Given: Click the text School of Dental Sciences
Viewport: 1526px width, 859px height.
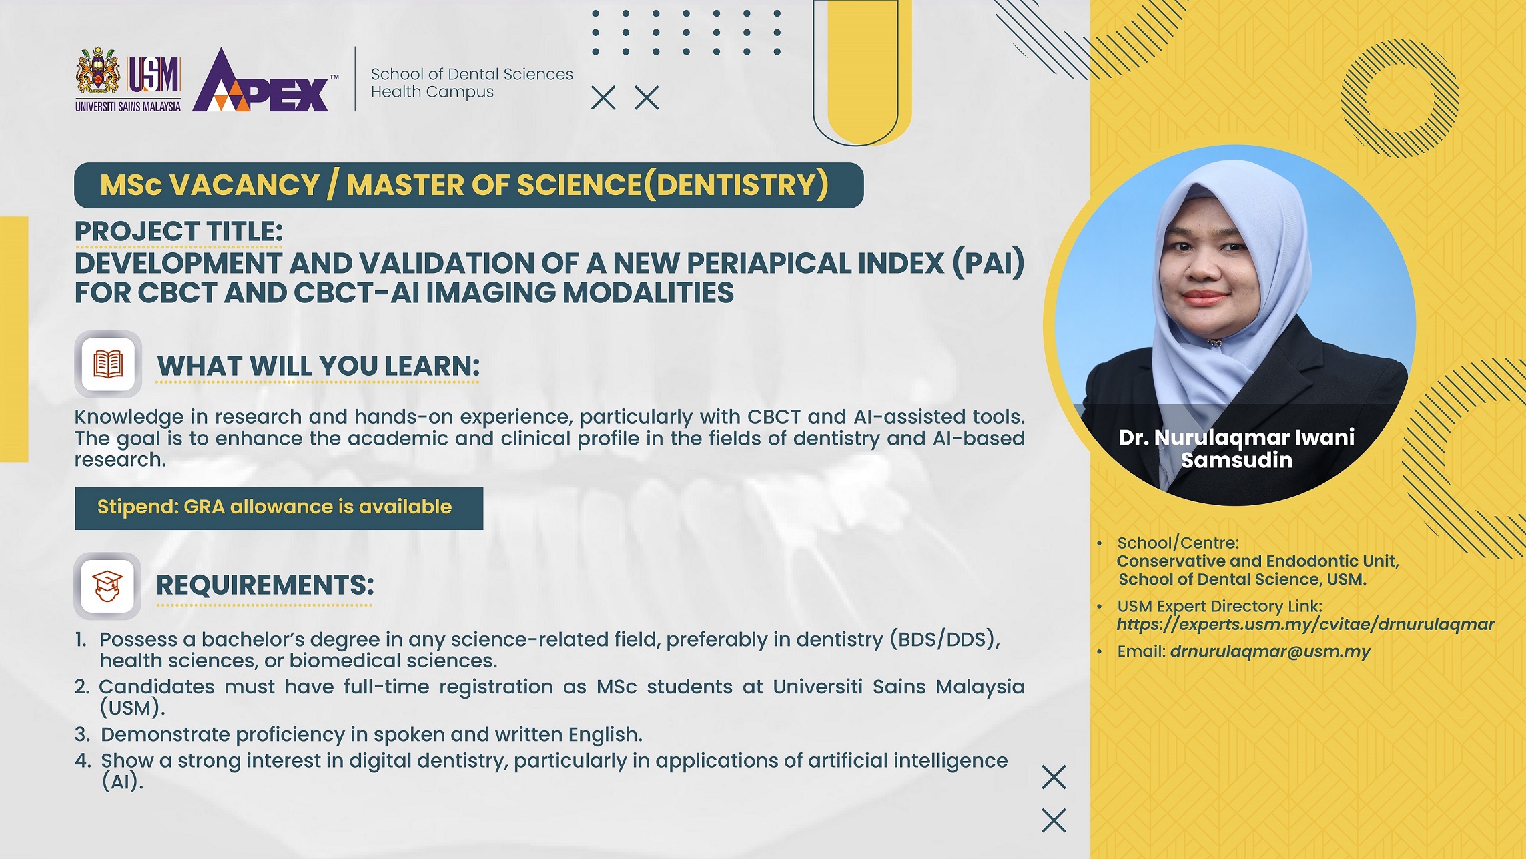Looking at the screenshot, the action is click(x=472, y=74).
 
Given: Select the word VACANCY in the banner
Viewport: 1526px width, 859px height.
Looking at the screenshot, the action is click(x=244, y=185).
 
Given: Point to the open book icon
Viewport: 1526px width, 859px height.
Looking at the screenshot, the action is click(x=108, y=364).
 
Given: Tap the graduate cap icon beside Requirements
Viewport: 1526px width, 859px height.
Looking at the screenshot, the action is click(x=107, y=586).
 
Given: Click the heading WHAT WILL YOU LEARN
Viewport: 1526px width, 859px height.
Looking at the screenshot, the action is click(x=318, y=366).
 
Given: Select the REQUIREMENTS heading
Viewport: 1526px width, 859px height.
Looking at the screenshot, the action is click(x=265, y=585).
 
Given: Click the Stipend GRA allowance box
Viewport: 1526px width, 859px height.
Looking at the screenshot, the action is click(x=279, y=508).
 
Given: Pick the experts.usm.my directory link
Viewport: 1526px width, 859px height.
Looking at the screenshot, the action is click(x=1305, y=625).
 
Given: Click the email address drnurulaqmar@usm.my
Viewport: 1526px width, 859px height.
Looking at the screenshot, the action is click(x=1270, y=652).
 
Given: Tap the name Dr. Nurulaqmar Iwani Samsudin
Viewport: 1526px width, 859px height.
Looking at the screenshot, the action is click(x=1236, y=449).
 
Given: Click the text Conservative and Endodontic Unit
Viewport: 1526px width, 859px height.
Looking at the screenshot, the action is click(x=1258, y=561).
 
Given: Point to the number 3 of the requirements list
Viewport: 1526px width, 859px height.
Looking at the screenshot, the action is click(x=81, y=735).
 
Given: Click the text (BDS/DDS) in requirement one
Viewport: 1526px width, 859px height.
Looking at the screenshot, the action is click(x=944, y=640).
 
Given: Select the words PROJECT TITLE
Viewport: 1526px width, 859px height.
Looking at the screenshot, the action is click(x=179, y=232).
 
